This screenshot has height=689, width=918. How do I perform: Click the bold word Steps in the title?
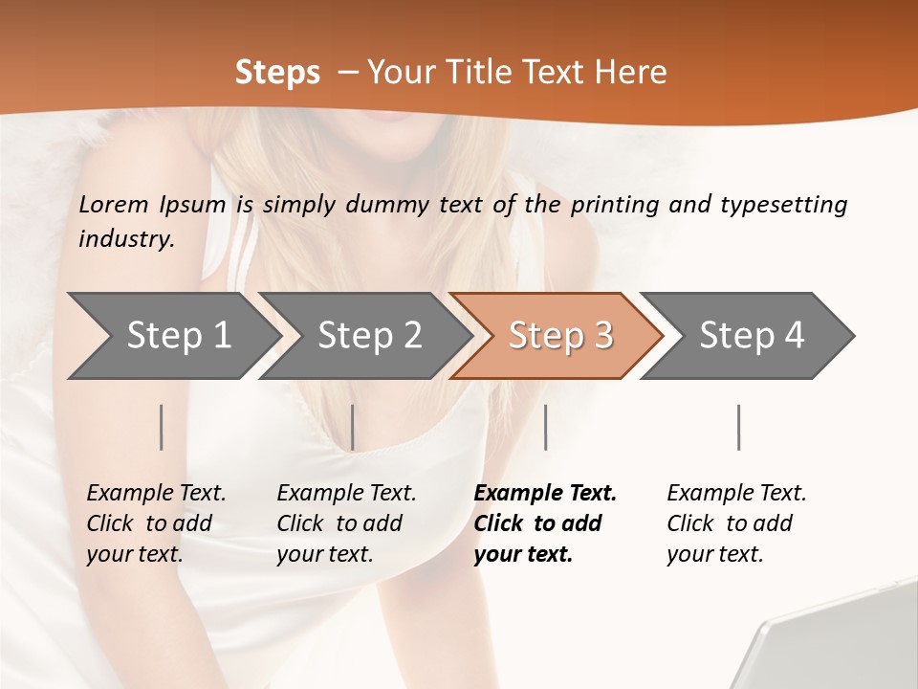(x=277, y=73)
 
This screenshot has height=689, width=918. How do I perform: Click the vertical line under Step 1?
(x=162, y=427)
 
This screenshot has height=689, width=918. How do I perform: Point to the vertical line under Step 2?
(x=353, y=427)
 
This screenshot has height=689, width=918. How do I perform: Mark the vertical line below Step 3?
(x=545, y=427)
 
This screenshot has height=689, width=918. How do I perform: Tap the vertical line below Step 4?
(x=739, y=427)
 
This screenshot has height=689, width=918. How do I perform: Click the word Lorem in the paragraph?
(x=114, y=204)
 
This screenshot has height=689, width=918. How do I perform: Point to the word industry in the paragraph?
(x=126, y=239)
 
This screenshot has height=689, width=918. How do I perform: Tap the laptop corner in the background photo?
(x=832, y=651)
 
